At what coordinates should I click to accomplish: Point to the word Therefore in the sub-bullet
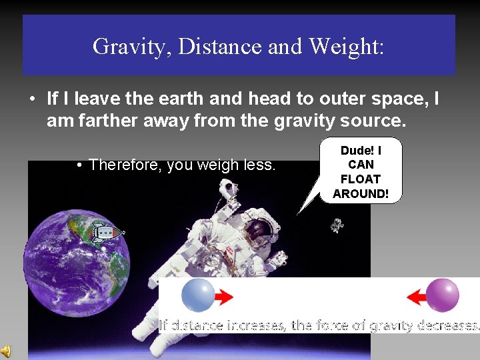pyautogui.click(x=125, y=165)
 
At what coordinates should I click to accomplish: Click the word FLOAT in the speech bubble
pyautogui.click(x=360, y=179)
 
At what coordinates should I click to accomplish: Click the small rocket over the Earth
pyautogui.click(x=107, y=233)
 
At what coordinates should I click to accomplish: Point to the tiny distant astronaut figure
pyautogui.click(x=337, y=225)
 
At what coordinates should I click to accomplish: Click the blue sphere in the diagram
pyautogui.click(x=198, y=295)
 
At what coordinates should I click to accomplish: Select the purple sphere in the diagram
pyautogui.click(x=442, y=295)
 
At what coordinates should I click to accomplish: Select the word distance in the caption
pyautogui.click(x=197, y=325)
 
